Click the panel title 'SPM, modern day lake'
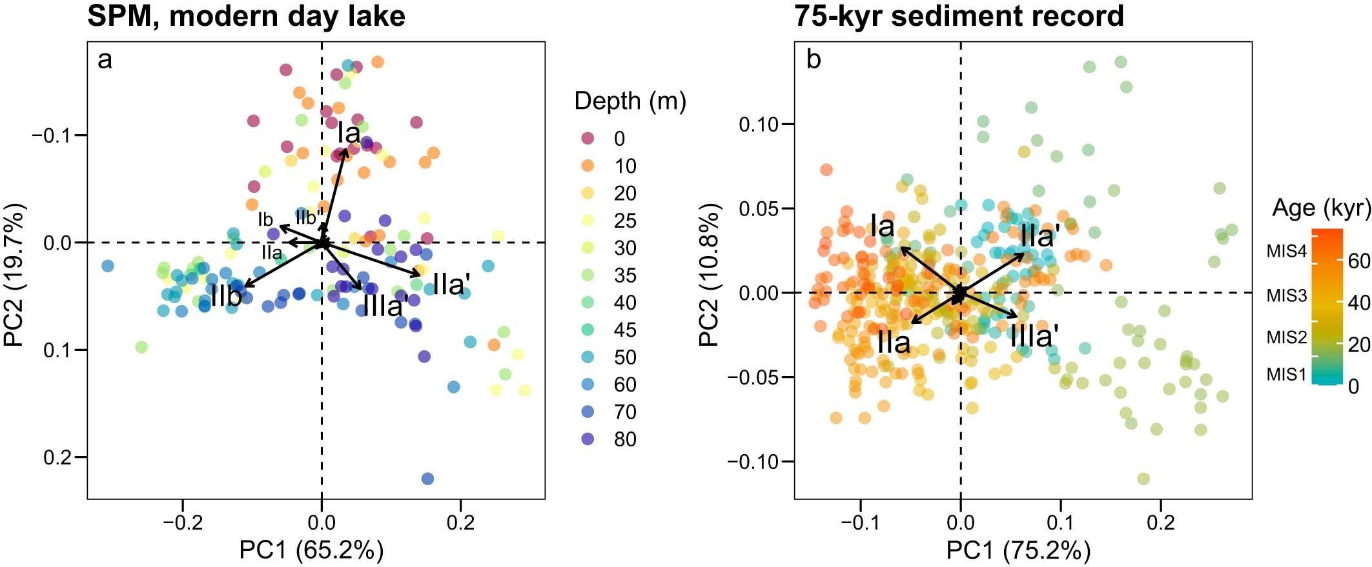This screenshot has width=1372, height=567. [x=246, y=15]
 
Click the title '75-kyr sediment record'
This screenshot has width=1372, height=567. [x=959, y=15]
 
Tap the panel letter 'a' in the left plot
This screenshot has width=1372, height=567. [x=105, y=61]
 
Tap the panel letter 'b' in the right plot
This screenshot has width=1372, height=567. [x=814, y=61]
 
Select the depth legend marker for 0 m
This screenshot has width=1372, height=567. [x=588, y=138]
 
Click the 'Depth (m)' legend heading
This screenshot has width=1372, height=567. [x=630, y=101]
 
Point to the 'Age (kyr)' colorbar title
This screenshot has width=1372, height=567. [x=1321, y=208]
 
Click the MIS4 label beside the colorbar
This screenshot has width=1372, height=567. [x=1286, y=252]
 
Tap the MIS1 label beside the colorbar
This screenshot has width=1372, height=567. [x=1286, y=374]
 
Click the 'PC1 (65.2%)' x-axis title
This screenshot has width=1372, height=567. [x=311, y=550]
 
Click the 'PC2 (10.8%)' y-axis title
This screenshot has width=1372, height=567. [x=709, y=275]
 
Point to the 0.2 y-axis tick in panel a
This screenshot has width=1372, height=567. [x=57, y=457]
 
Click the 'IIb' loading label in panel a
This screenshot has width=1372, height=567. [x=226, y=297]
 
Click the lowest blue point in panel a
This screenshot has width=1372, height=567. [x=427, y=479]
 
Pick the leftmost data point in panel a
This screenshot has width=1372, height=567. [x=108, y=266]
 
